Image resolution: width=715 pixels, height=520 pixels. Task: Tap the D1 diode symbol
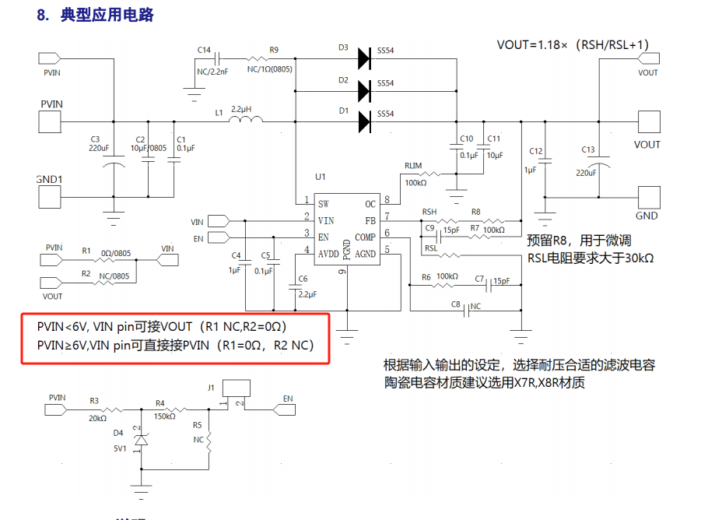(x=363, y=120)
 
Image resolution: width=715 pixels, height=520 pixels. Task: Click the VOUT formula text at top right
(x=573, y=44)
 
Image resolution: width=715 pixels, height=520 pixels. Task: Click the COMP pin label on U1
(x=365, y=237)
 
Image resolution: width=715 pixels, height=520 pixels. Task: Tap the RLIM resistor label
(x=413, y=166)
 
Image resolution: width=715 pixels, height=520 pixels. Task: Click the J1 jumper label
(x=210, y=387)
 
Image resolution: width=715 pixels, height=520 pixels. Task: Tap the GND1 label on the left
(x=49, y=178)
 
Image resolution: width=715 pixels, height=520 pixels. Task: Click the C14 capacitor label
(x=204, y=50)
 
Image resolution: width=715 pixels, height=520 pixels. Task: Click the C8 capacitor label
(x=456, y=305)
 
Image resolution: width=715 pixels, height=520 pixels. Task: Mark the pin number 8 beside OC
(x=386, y=200)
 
